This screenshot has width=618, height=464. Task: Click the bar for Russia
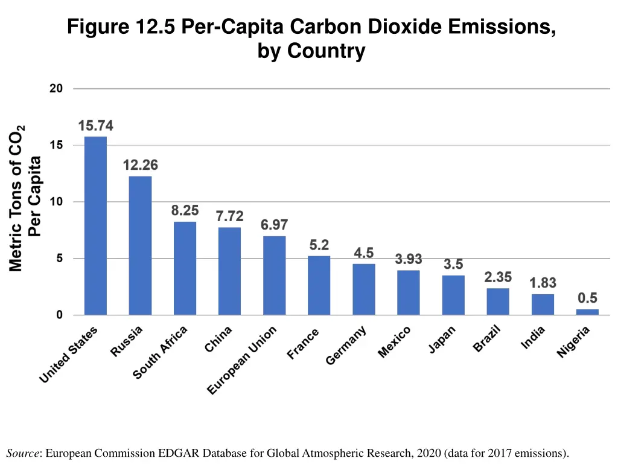click(x=140, y=245)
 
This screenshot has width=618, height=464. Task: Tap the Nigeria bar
click(x=587, y=312)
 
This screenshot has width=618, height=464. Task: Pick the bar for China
click(x=229, y=271)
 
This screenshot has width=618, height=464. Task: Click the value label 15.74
click(x=95, y=126)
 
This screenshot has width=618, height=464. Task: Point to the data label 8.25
click(x=185, y=211)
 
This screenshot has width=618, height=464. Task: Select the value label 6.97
click(x=274, y=225)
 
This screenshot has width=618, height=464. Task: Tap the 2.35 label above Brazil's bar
click(x=498, y=277)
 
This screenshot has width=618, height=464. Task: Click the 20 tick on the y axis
click(x=56, y=89)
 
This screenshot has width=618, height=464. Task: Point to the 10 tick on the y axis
click(x=56, y=202)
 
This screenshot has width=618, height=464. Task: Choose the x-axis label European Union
click(x=242, y=360)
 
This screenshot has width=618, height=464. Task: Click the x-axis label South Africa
click(x=160, y=352)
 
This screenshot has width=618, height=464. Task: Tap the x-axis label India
click(x=533, y=337)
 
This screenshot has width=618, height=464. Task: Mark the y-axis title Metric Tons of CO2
click(x=17, y=198)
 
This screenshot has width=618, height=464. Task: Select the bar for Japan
click(x=453, y=295)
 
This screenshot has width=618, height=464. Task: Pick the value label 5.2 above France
click(x=319, y=245)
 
